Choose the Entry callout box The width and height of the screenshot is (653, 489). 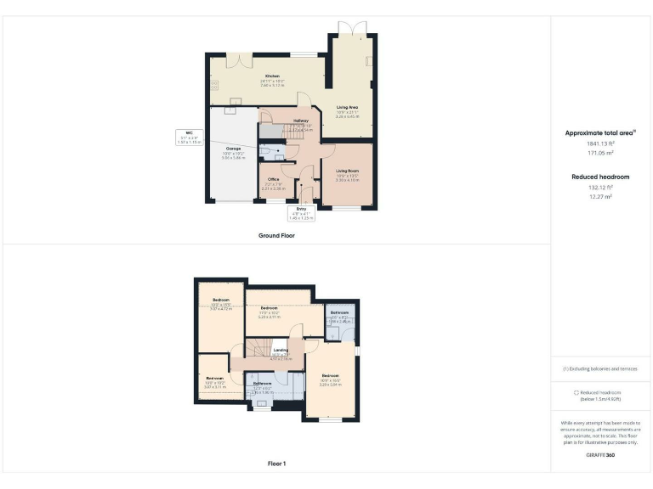pos(301,213)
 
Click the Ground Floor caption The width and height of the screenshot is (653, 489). pos(276,235)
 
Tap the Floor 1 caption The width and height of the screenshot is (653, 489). pos(276,464)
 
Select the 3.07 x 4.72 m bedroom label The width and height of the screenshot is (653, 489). pos(221,305)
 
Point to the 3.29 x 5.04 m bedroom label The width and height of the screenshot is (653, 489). pos(330,379)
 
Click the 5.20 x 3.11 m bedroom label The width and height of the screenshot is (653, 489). pos(269,312)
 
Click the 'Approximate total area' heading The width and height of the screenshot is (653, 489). pos(599,132)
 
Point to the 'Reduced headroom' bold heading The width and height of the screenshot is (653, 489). pos(600,176)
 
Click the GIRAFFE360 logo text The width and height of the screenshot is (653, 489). pos(600,455)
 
